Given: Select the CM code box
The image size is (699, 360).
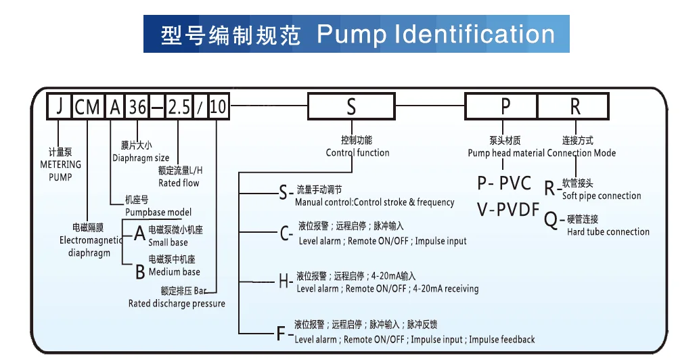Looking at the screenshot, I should (x=87, y=107).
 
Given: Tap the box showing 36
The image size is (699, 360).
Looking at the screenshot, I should (x=138, y=107).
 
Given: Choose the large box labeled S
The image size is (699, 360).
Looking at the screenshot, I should (x=350, y=107).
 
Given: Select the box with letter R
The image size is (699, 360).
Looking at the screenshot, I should (x=574, y=107).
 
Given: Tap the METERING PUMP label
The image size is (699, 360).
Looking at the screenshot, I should (x=60, y=170).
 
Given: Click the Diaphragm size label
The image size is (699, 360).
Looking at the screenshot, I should (x=141, y=158).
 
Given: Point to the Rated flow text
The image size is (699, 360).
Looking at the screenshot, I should (x=179, y=183).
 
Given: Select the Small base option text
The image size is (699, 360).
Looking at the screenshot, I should (x=168, y=242).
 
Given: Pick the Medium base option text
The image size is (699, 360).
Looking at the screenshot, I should (x=174, y=272).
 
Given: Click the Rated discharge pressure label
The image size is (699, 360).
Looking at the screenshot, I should (x=177, y=304).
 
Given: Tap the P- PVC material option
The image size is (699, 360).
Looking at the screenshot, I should (x=504, y=183).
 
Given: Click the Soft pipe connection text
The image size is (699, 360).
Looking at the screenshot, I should (x=602, y=196).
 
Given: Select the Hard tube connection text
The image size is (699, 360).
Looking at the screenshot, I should (x=608, y=231).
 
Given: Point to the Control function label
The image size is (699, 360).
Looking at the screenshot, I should (x=357, y=153).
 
